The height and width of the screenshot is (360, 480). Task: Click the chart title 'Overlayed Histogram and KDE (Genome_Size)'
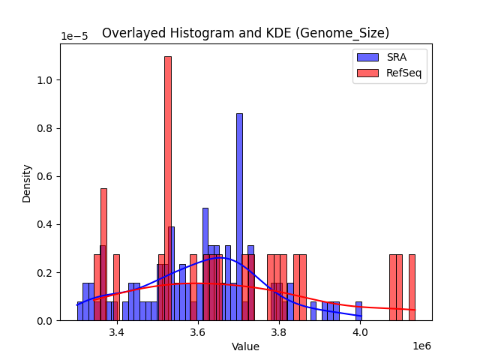click(x=245, y=33)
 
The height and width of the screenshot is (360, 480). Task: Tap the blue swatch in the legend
click(x=368, y=57)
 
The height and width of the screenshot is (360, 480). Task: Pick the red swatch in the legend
click(x=368, y=73)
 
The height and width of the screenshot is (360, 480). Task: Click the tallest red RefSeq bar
click(x=167, y=187)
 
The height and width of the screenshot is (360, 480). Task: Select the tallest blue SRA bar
click(x=239, y=217)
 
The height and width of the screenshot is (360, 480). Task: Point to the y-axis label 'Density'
click(x=27, y=182)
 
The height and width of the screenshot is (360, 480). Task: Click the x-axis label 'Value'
click(x=245, y=346)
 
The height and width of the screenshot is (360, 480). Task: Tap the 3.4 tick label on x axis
click(x=116, y=332)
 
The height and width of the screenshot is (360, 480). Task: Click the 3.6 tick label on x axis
click(x=198, y=332)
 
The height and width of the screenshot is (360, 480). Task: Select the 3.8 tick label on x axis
click(x=279, y=332)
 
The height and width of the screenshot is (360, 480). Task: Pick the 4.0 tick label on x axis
click(x=360, y=332)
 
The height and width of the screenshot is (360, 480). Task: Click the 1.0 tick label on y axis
click(x=46, y=80)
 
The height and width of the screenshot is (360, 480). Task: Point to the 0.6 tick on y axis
click(x=46, y=176)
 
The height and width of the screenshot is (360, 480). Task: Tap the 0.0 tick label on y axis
click(x=46, y=321)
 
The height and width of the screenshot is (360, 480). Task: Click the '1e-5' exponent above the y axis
click(x=73, y=36)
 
